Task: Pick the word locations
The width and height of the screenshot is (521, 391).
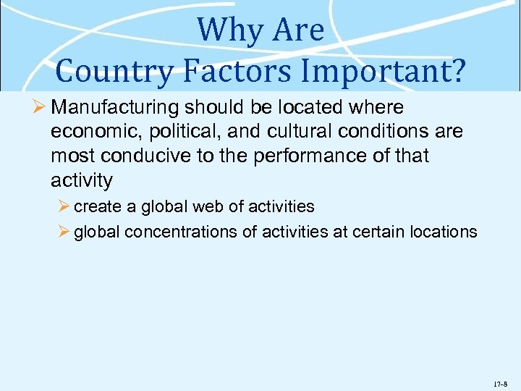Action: pos(446,232)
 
